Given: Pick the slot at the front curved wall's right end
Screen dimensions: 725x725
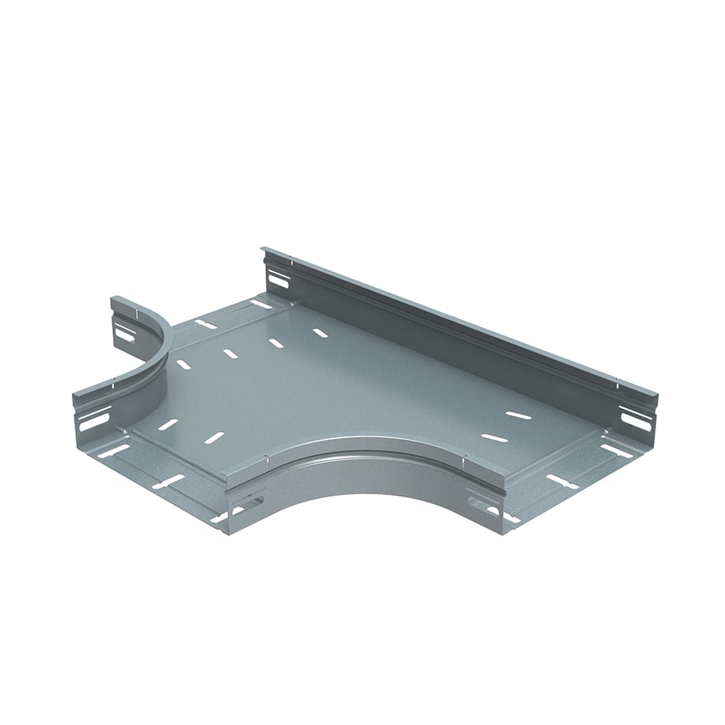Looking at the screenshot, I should click(481, 502).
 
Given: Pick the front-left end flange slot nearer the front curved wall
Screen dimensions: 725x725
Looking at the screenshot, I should click(167, 481).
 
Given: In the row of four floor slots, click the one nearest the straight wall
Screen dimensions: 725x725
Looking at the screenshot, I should click(319, 333).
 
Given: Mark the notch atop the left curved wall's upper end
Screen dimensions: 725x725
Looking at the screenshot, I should click(136, 313).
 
